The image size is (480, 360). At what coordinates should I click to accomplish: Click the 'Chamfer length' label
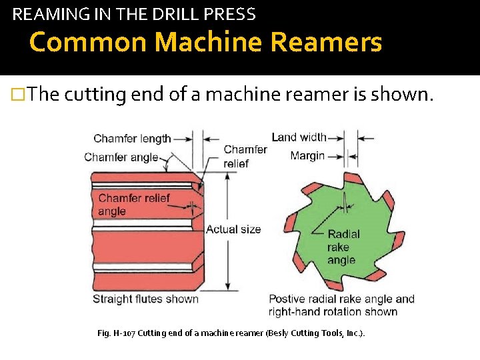[x=132, y=139]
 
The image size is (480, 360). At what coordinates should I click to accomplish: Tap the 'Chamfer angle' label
[x=121, y=157]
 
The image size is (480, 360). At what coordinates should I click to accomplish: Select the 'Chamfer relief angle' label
[x=134, y=205]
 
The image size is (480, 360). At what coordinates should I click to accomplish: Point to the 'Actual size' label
[x=233, y=229]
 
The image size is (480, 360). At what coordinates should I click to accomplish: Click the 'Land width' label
[x=299, y=137]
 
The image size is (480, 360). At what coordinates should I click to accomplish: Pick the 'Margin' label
[x=307, y=156]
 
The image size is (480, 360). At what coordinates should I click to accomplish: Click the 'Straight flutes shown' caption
[x=145, y=299]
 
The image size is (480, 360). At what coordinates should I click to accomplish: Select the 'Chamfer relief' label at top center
[x=244, y=157]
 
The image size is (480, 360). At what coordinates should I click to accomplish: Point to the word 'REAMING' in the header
[x=43, y=13]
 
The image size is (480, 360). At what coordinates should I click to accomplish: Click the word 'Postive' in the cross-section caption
[x=289, y=299]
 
